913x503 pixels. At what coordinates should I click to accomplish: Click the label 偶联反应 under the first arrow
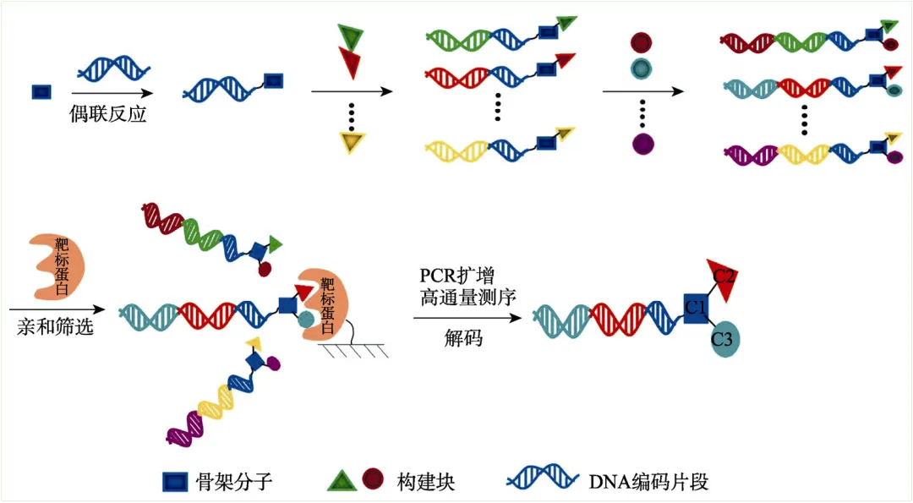point(108,115)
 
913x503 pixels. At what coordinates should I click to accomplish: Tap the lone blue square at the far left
point(39,90)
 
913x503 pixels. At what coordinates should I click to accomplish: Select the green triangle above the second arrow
point(349,36)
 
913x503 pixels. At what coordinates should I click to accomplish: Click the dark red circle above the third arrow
point(642,42)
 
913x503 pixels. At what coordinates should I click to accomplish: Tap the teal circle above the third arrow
point(642,68)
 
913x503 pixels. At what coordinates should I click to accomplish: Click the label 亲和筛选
point(55,326)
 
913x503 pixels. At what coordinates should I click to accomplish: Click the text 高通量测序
point(468,298)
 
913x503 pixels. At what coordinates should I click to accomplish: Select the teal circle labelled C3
point(723,340)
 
